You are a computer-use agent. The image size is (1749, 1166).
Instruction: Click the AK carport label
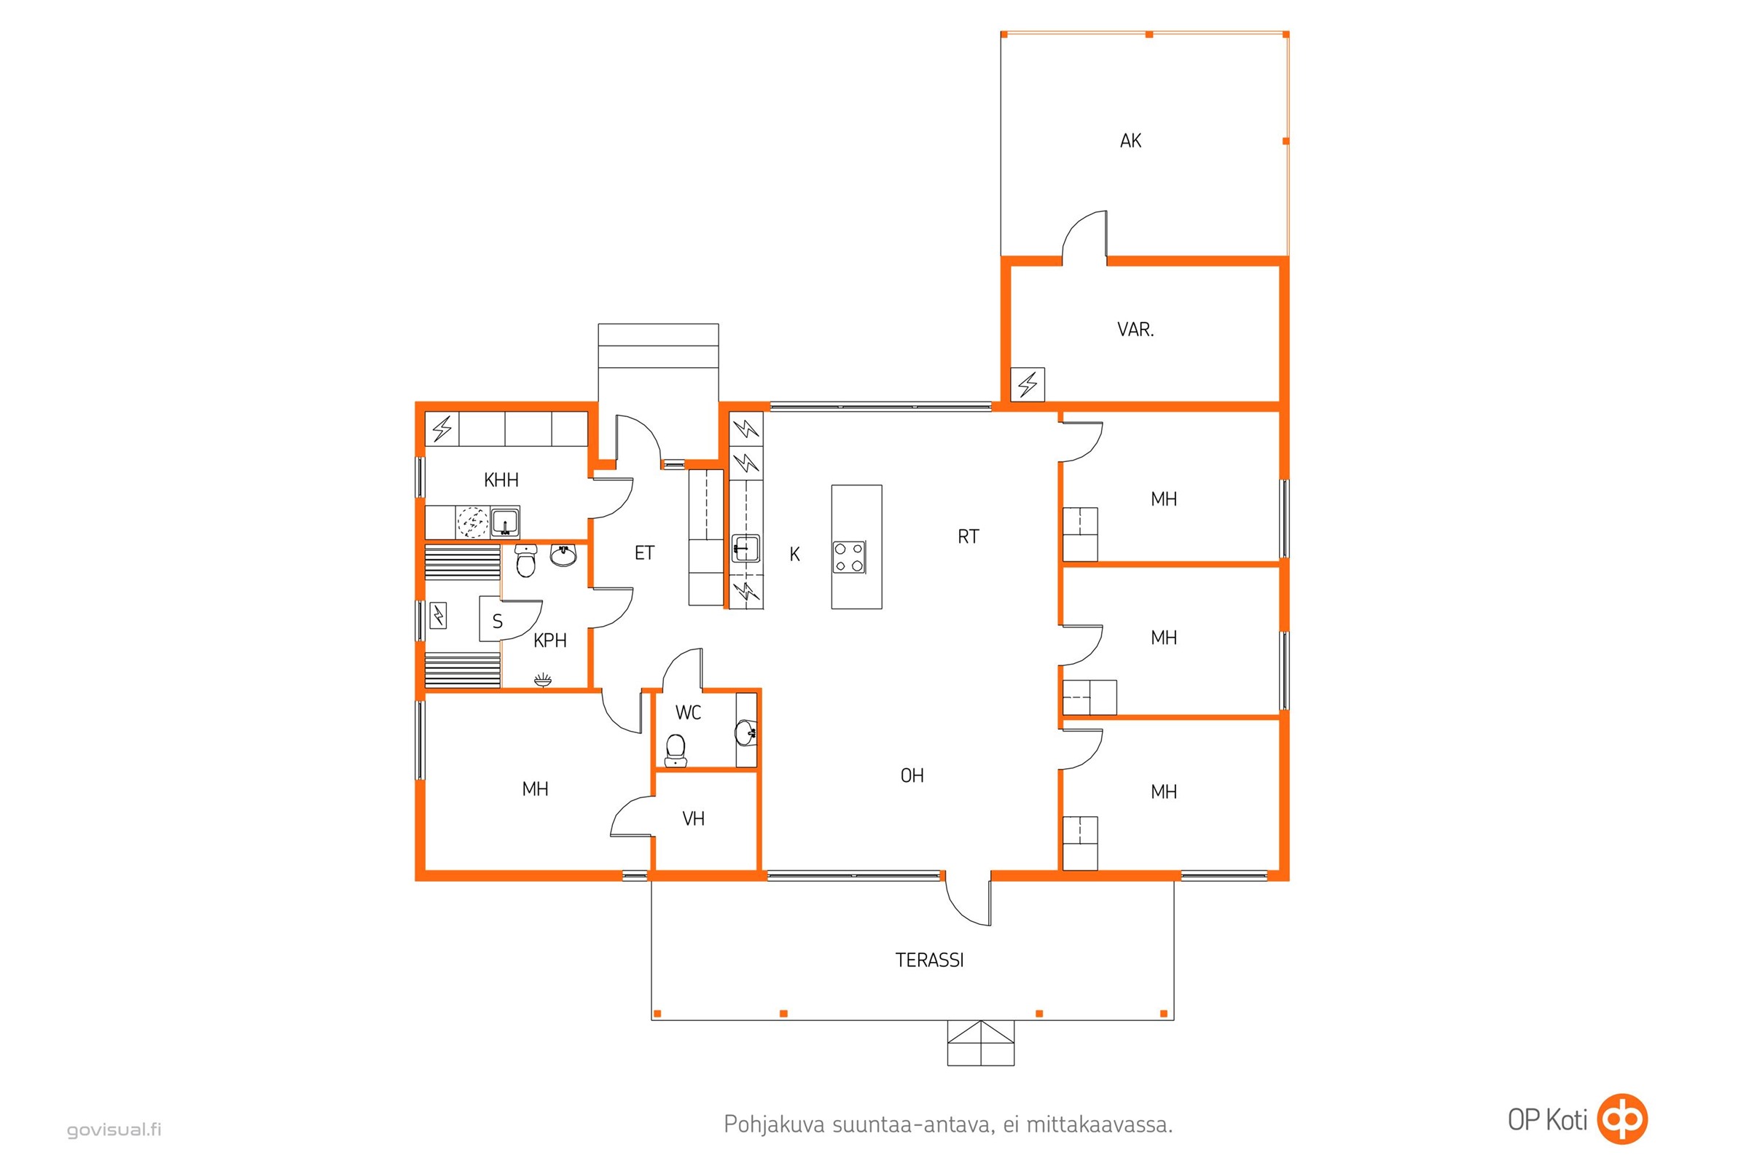pos(1130,141)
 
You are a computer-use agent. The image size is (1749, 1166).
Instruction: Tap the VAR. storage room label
pos(1135,329)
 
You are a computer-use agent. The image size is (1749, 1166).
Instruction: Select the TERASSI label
pos(930,960)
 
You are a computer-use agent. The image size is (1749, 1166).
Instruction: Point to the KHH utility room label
pos(501,480)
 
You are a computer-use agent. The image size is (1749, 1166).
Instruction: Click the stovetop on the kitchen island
pos(848,557)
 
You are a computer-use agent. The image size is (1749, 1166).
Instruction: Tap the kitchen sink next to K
pos(745,548)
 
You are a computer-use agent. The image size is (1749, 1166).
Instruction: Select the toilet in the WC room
pos(676,750)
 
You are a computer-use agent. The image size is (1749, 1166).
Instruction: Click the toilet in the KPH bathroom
pos(525,560)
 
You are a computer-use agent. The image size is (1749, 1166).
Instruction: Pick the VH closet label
pos(693,818)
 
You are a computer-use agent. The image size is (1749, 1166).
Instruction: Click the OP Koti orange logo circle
pos(1623,1119)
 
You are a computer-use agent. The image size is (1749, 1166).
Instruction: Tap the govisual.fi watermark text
pos(114,1130)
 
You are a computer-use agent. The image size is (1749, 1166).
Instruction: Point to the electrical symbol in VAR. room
pos(1028,385)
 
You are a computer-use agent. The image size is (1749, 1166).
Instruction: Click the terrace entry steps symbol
pos(980,1043)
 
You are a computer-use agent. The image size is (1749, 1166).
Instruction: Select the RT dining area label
pos(969,536)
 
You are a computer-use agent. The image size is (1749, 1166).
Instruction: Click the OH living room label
pos(912,775)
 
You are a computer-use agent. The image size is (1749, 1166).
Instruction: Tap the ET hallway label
pos(644,552)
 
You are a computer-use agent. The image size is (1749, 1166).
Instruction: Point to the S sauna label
pos(498,621)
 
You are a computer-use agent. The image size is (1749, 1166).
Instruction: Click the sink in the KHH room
pos(505,522)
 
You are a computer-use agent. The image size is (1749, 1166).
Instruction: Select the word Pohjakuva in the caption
pos(774,1124)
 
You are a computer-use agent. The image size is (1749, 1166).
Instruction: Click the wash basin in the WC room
pos(745,732)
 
